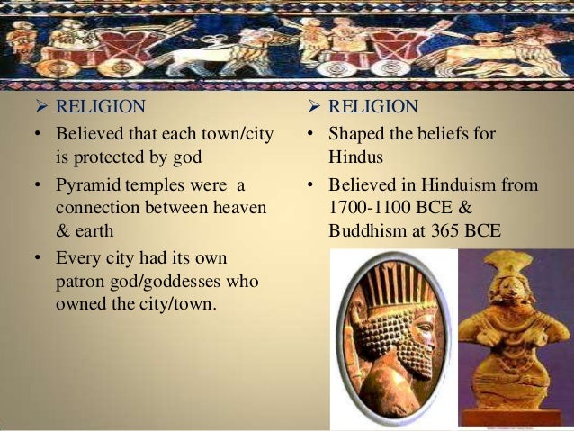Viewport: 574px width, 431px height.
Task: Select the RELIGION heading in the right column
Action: pyautogui.click(x=373, y=107)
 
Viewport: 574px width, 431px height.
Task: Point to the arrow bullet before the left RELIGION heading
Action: pyautogui.click(x=40, y=107)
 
